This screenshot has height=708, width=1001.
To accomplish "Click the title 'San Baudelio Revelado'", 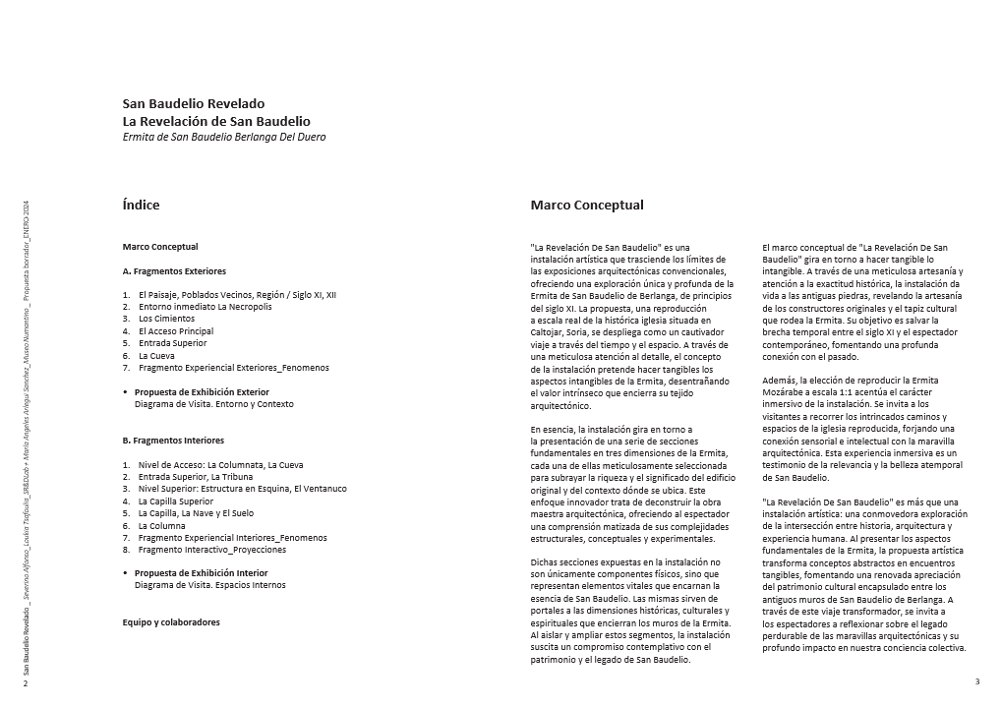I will pos(193,103).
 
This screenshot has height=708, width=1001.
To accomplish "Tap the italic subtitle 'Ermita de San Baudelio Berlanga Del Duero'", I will pos(223,137).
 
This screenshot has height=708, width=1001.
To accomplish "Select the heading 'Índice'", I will pos(141,206).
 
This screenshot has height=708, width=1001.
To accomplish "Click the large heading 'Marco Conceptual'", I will pos(587,206).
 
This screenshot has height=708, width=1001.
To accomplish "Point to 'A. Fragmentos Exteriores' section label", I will pos(174,270).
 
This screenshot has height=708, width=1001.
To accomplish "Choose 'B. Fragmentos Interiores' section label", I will pos(173,441).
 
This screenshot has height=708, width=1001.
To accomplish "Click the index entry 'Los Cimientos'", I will pos(166,319).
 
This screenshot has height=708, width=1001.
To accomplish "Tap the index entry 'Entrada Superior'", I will pos(172,343).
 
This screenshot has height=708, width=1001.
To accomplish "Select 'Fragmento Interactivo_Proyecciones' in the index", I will pos(212,550).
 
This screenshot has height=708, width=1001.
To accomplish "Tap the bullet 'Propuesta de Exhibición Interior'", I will pos(201,573).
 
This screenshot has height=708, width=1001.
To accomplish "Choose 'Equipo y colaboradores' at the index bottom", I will pos(171,622).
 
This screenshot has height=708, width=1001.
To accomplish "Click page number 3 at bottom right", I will pos(976,681).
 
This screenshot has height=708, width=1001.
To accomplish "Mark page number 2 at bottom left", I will pos(26,682).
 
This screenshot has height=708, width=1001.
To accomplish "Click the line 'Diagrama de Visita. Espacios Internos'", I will pos(209,585).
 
